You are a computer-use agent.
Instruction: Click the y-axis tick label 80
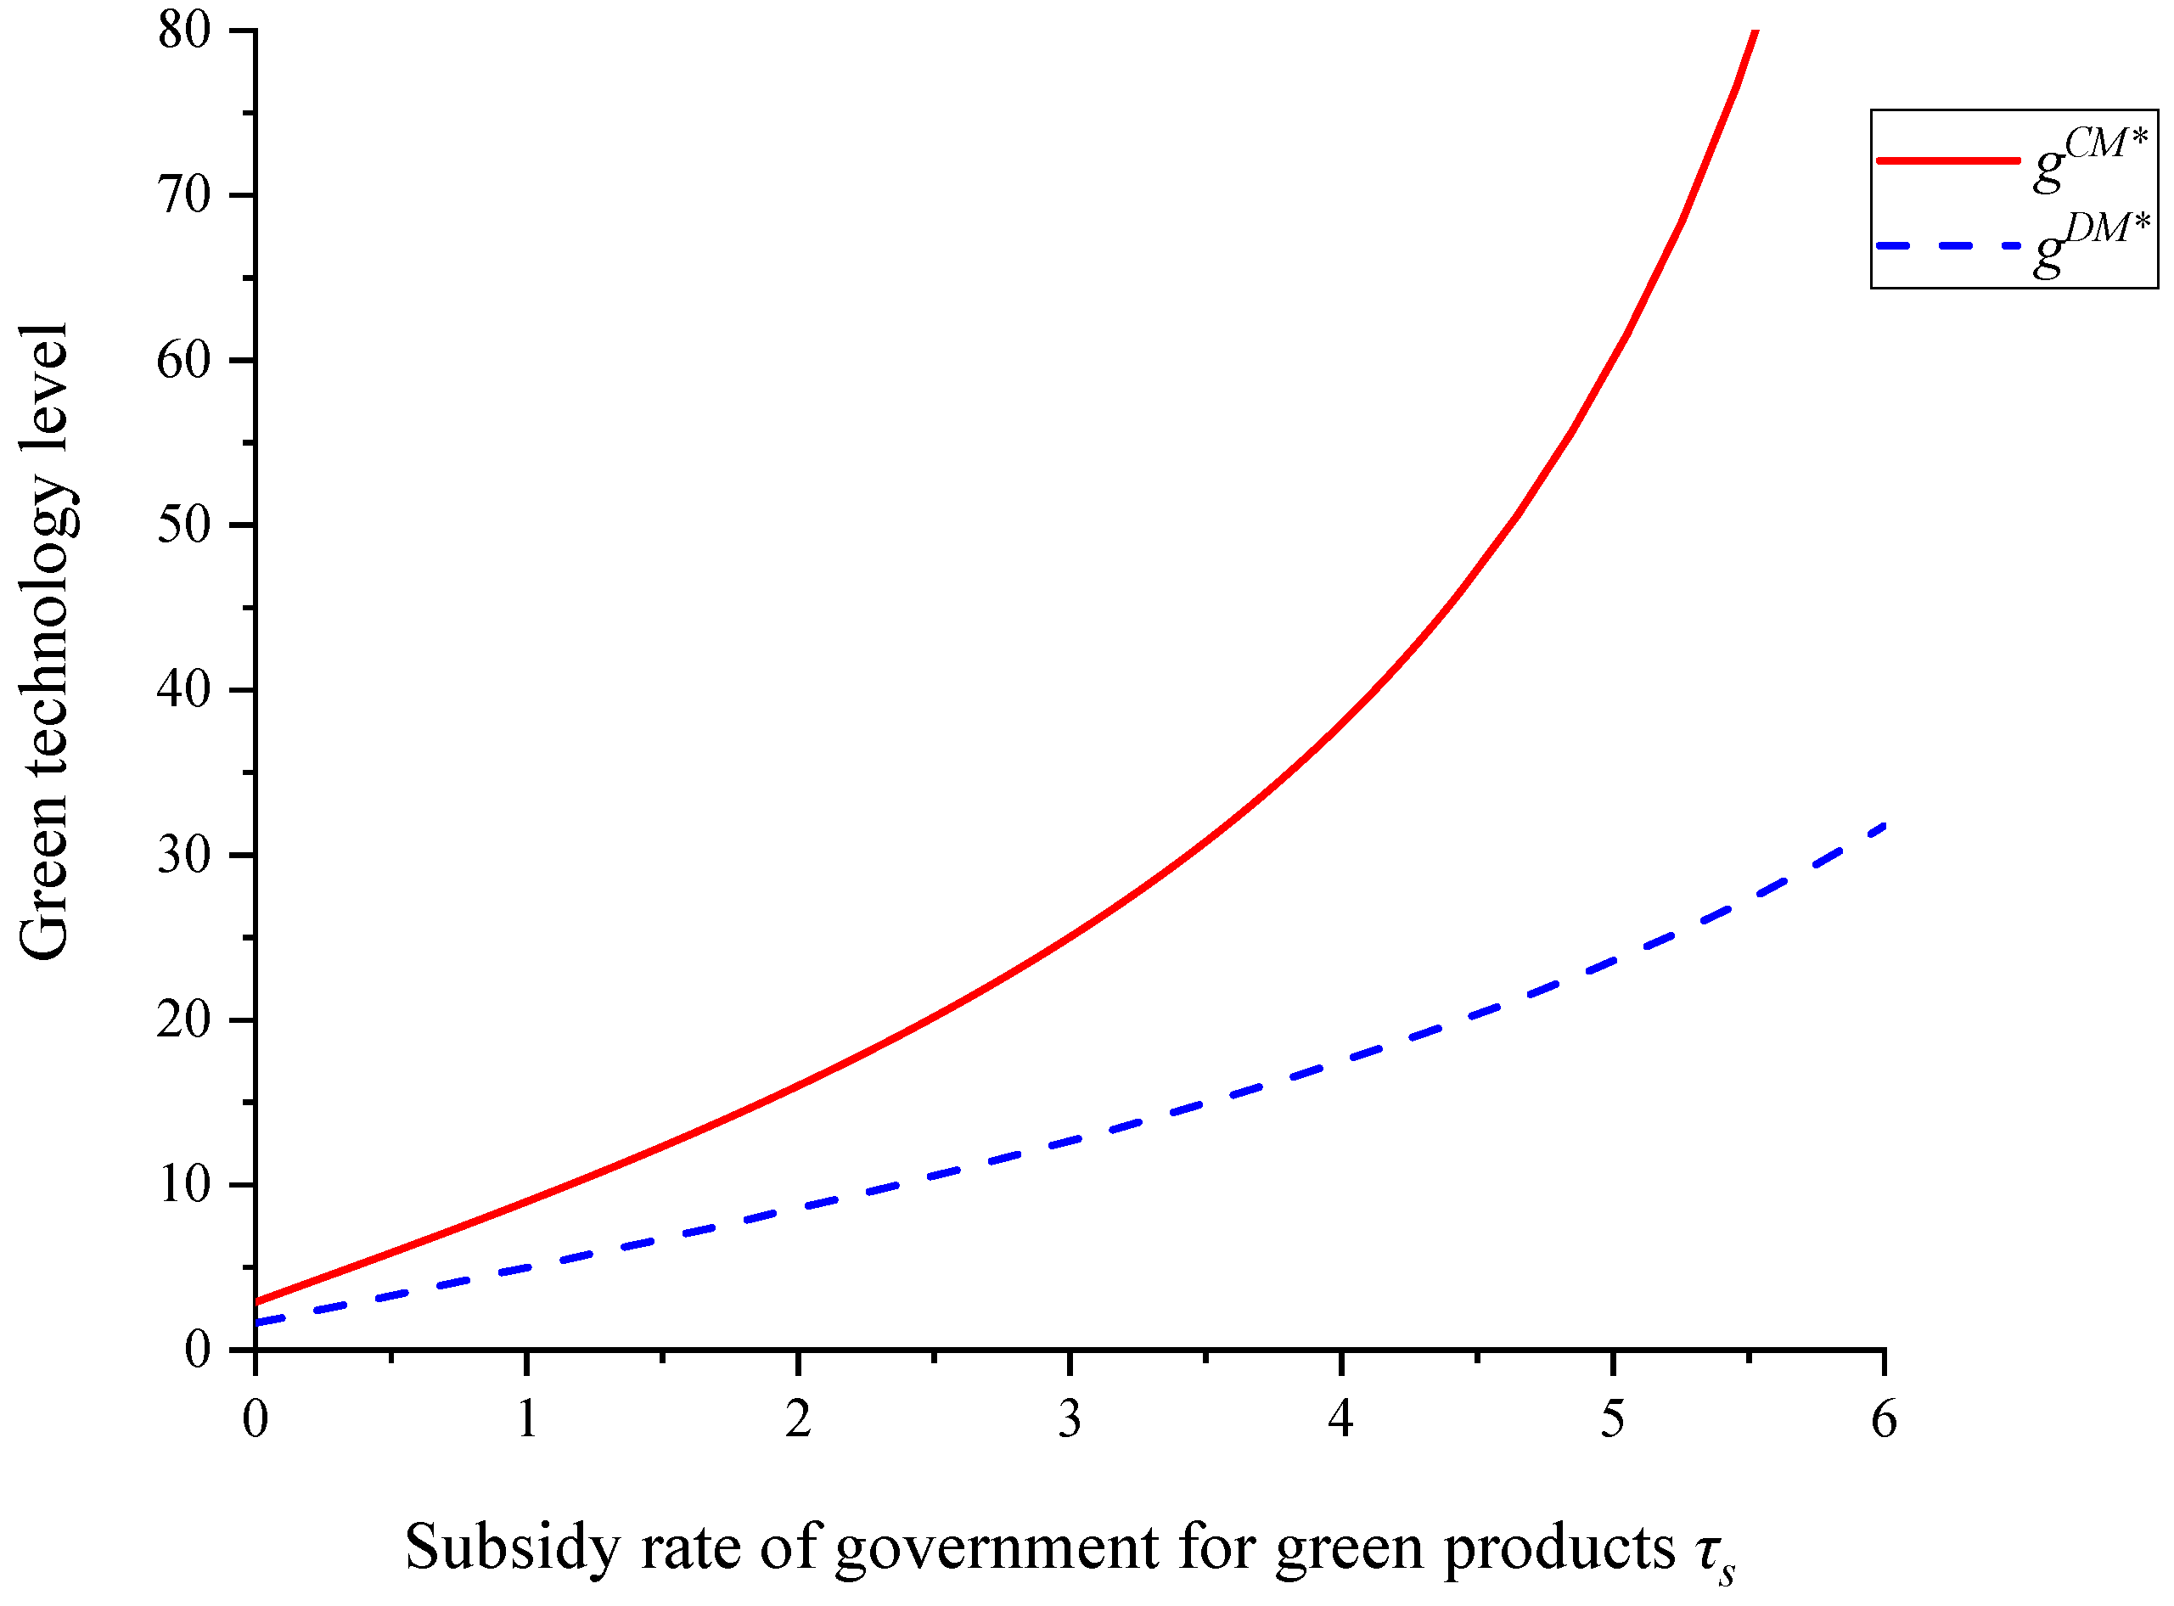coord(185,31)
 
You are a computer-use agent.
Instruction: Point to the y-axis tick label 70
coord(185,195)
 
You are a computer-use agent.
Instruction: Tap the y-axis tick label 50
coord(185,525)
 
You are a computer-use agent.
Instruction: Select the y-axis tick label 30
coord(185,856)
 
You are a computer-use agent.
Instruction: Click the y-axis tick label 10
coord(185,1185)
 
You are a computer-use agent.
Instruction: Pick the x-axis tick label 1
coord(527,1419)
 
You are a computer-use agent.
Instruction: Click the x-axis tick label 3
coord(1070,1419)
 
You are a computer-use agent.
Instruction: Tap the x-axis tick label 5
coord(1613,1419)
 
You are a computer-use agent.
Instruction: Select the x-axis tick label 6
coord(1885,1419)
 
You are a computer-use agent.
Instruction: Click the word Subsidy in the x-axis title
coord(510,1547)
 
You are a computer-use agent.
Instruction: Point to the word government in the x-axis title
coord(997,1547)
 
